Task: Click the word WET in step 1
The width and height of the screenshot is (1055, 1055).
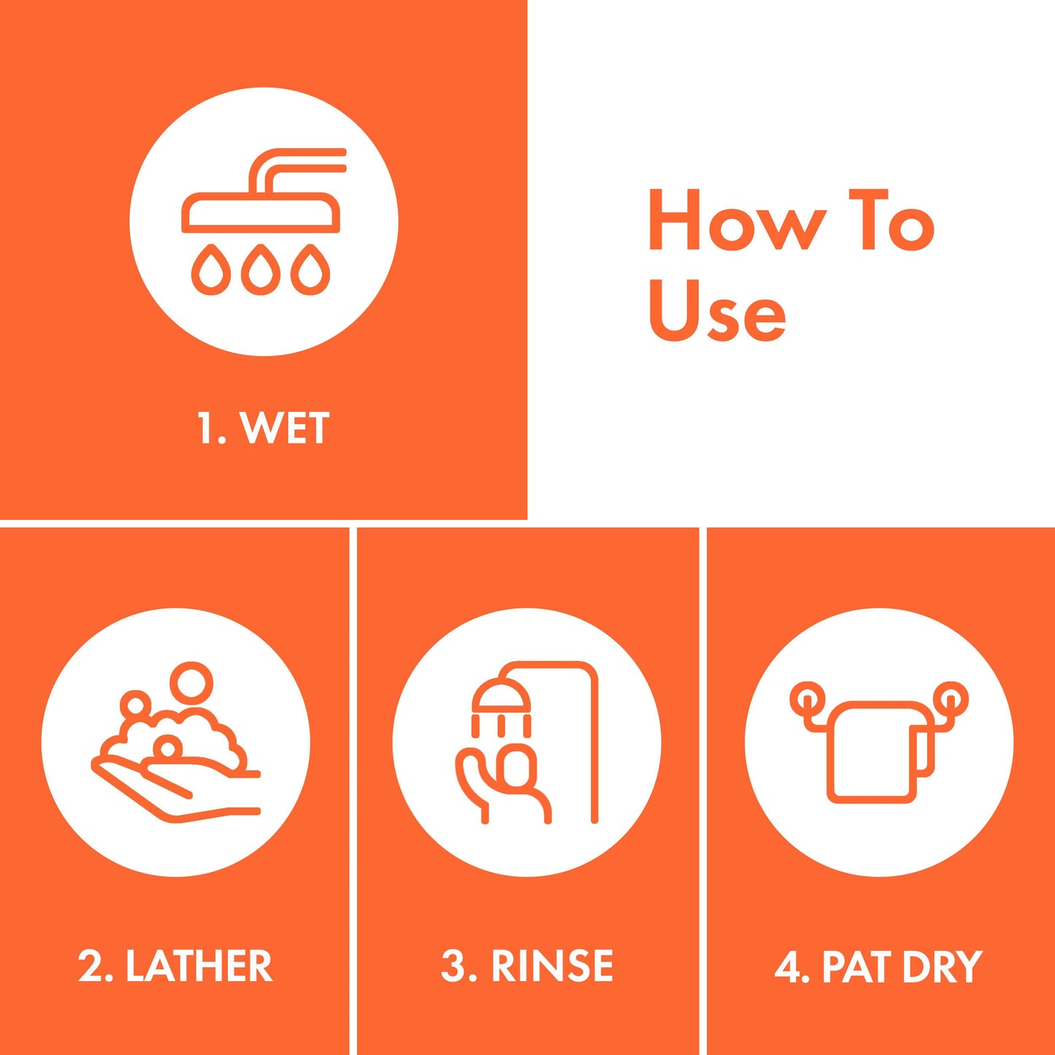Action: (285, 428)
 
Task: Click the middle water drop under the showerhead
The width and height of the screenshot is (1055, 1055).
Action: (261, 269)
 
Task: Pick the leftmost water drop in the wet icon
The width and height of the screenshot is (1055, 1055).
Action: (210, 269)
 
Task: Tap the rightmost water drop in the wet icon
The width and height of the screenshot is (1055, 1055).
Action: (311, 269)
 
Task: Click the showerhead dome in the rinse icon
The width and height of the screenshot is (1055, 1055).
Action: (502, 693)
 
